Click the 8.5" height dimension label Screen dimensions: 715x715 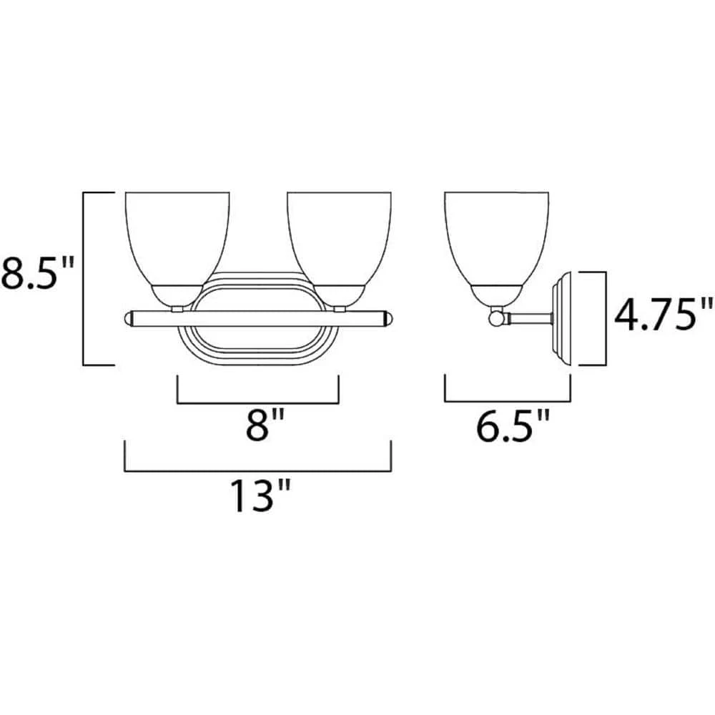coord(37,274)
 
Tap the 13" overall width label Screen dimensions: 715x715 coord(259,495)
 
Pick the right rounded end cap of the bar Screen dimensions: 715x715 coord(387,318)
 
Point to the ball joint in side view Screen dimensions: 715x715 coord(495,317)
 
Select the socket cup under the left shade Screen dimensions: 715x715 coord(177,294)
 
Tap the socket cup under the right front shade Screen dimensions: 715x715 coord(339,294)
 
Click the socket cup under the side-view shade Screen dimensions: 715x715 coord(496,294)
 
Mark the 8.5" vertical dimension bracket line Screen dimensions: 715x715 coord(84,279)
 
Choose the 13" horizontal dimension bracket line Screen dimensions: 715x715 coord(257,471)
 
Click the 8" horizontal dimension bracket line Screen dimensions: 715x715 coord(257,403)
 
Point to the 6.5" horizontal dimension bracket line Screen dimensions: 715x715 coord(507,403)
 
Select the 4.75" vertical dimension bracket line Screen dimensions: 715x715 coord(605,317)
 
